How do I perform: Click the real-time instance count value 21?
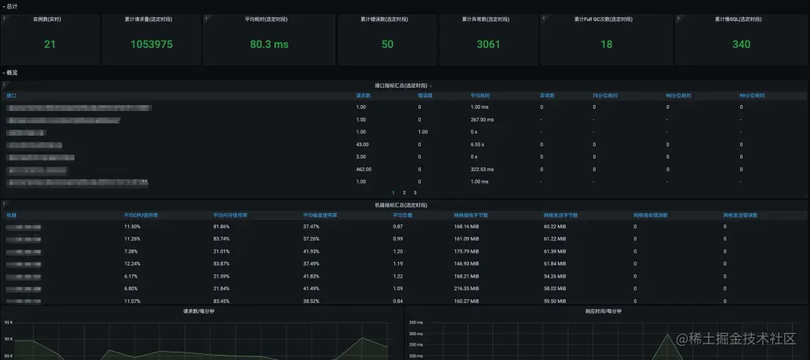tap(49, 44)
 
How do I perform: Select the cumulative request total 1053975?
tap(151, 44)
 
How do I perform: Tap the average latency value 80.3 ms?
tap(269, 44)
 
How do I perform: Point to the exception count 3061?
tap(488, 44)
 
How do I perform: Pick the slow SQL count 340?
tap(741, 44)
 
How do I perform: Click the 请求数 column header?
tap(363, 96)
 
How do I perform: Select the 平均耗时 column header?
tap(480, 96)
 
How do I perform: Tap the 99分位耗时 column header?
tap(751, 96)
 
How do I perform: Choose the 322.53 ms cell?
tap(484, 169)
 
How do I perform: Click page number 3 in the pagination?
tap(415, 193)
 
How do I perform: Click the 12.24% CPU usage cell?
tap(132, 263)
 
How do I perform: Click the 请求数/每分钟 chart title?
tap(199, 311)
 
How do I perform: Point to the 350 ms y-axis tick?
tap(416, 322)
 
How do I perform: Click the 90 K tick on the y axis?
tap(9, 339)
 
